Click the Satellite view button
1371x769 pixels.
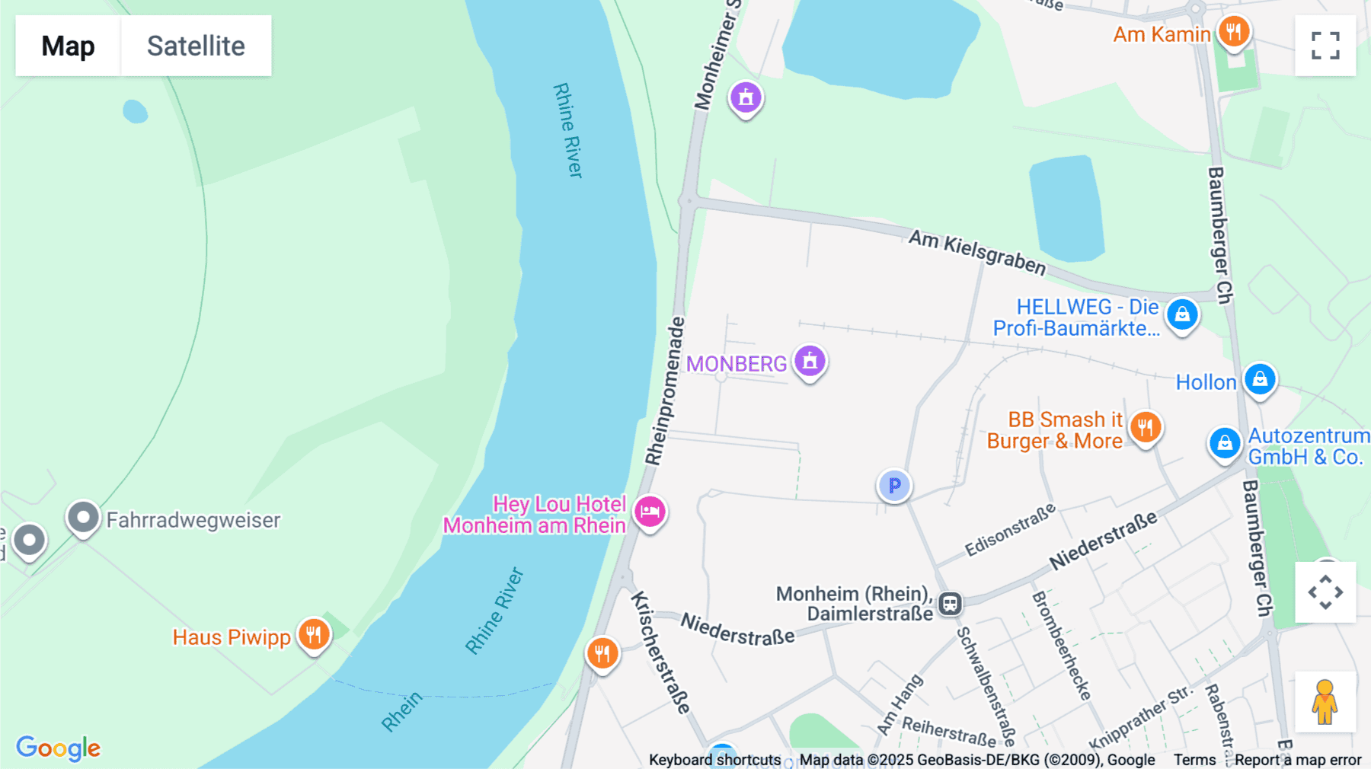point(196,46)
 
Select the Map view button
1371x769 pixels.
point(68,46)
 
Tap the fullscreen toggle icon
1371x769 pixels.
point(1325,46)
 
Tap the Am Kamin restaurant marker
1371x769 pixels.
point(1233,33)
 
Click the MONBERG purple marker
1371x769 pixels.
point(810,361)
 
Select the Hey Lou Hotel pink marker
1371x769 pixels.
point(650,512)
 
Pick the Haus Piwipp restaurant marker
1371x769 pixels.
point(313,634)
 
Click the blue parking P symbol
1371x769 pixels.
point(894,486)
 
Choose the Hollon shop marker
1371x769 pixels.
point(1260,379)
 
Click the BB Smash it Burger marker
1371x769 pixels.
point(1145,427)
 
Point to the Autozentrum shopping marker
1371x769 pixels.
point(1225,443)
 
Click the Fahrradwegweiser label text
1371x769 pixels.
point(193,520)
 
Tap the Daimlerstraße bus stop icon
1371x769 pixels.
point(950,605)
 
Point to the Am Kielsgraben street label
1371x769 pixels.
point(977,253)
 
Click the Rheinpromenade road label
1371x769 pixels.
point(665,391)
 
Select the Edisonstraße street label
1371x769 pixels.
point(1010,530)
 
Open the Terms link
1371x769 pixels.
point(1194,760)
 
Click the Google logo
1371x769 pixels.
point(58,748)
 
